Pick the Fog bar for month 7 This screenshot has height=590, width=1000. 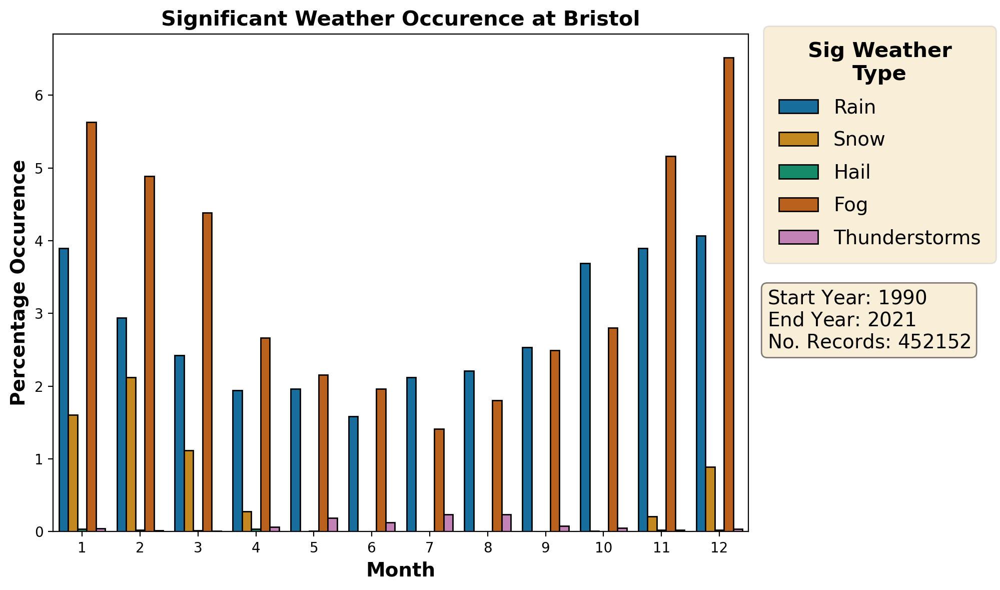(439, 480)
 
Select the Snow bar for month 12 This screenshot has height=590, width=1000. (710, 499)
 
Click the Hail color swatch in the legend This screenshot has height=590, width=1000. (798, 172)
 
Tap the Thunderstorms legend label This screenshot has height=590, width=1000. (907, 238)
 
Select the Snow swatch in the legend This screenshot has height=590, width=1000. (798, 139)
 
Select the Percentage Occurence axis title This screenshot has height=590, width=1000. (19, 283)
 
